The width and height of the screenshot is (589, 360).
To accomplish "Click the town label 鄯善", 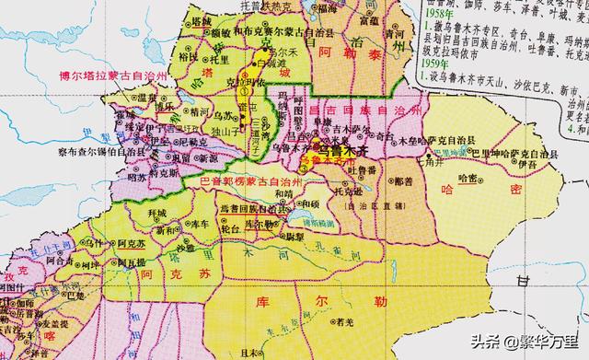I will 402,183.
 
